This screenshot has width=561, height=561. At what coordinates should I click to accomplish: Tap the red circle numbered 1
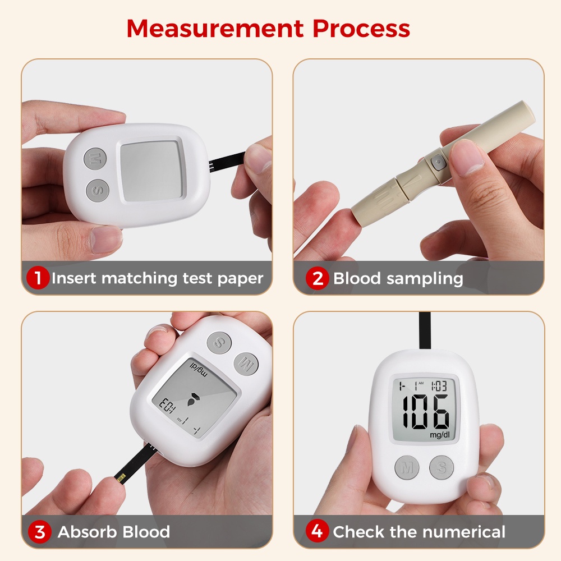(x=38, y=278)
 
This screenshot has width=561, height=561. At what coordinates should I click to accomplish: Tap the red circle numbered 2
(x=318, y=278)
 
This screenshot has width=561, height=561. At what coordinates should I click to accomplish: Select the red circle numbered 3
(x=40, y=531)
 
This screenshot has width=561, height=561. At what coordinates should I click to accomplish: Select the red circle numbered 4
(x=318, y=531)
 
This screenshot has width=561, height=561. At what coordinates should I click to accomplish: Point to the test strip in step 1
(x=227, y=162)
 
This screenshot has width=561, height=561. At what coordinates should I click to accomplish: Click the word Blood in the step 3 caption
(x=137, y=531)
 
